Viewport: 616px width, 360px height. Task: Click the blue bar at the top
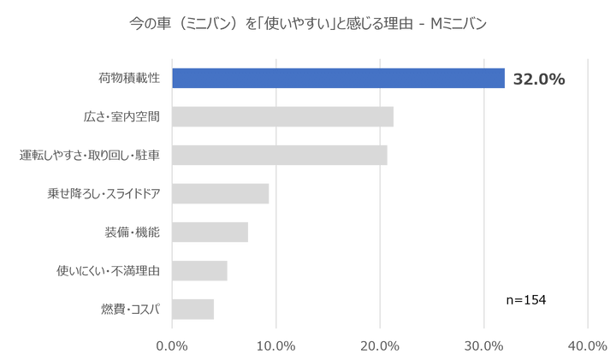pyautogui.click(x=339, y=79)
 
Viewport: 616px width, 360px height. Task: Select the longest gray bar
pyautogui.click(x=283, y=116)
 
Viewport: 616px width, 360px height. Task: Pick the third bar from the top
pyautogui.click(x=281, y=155)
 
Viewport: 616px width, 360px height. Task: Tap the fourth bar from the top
pyautogui.click(x=222, y=193)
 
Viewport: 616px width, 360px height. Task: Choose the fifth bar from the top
pyautogui.click(x=210, y=232)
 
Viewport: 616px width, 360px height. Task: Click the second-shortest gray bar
pyautogui.click(x=200, y=270)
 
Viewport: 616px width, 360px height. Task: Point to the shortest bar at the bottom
pyautogui.click(x=193, y=309)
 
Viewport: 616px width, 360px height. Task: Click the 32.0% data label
pyautogui.click(x=539, y=80)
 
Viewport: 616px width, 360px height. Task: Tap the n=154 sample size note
pyautogui.click(x=525, y=299)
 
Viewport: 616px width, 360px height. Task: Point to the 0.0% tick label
pyautogui.click(x=174, y=346)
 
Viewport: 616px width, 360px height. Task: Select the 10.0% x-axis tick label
pyautogui.click(x=277, y=346)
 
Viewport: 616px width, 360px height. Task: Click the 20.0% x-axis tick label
pyautogui.click(x=381, y=346)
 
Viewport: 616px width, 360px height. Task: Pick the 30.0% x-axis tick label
pyautogui.click(x=484, y=346)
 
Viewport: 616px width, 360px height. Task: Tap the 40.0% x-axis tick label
pyautogui.click(x=587, y=346)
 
